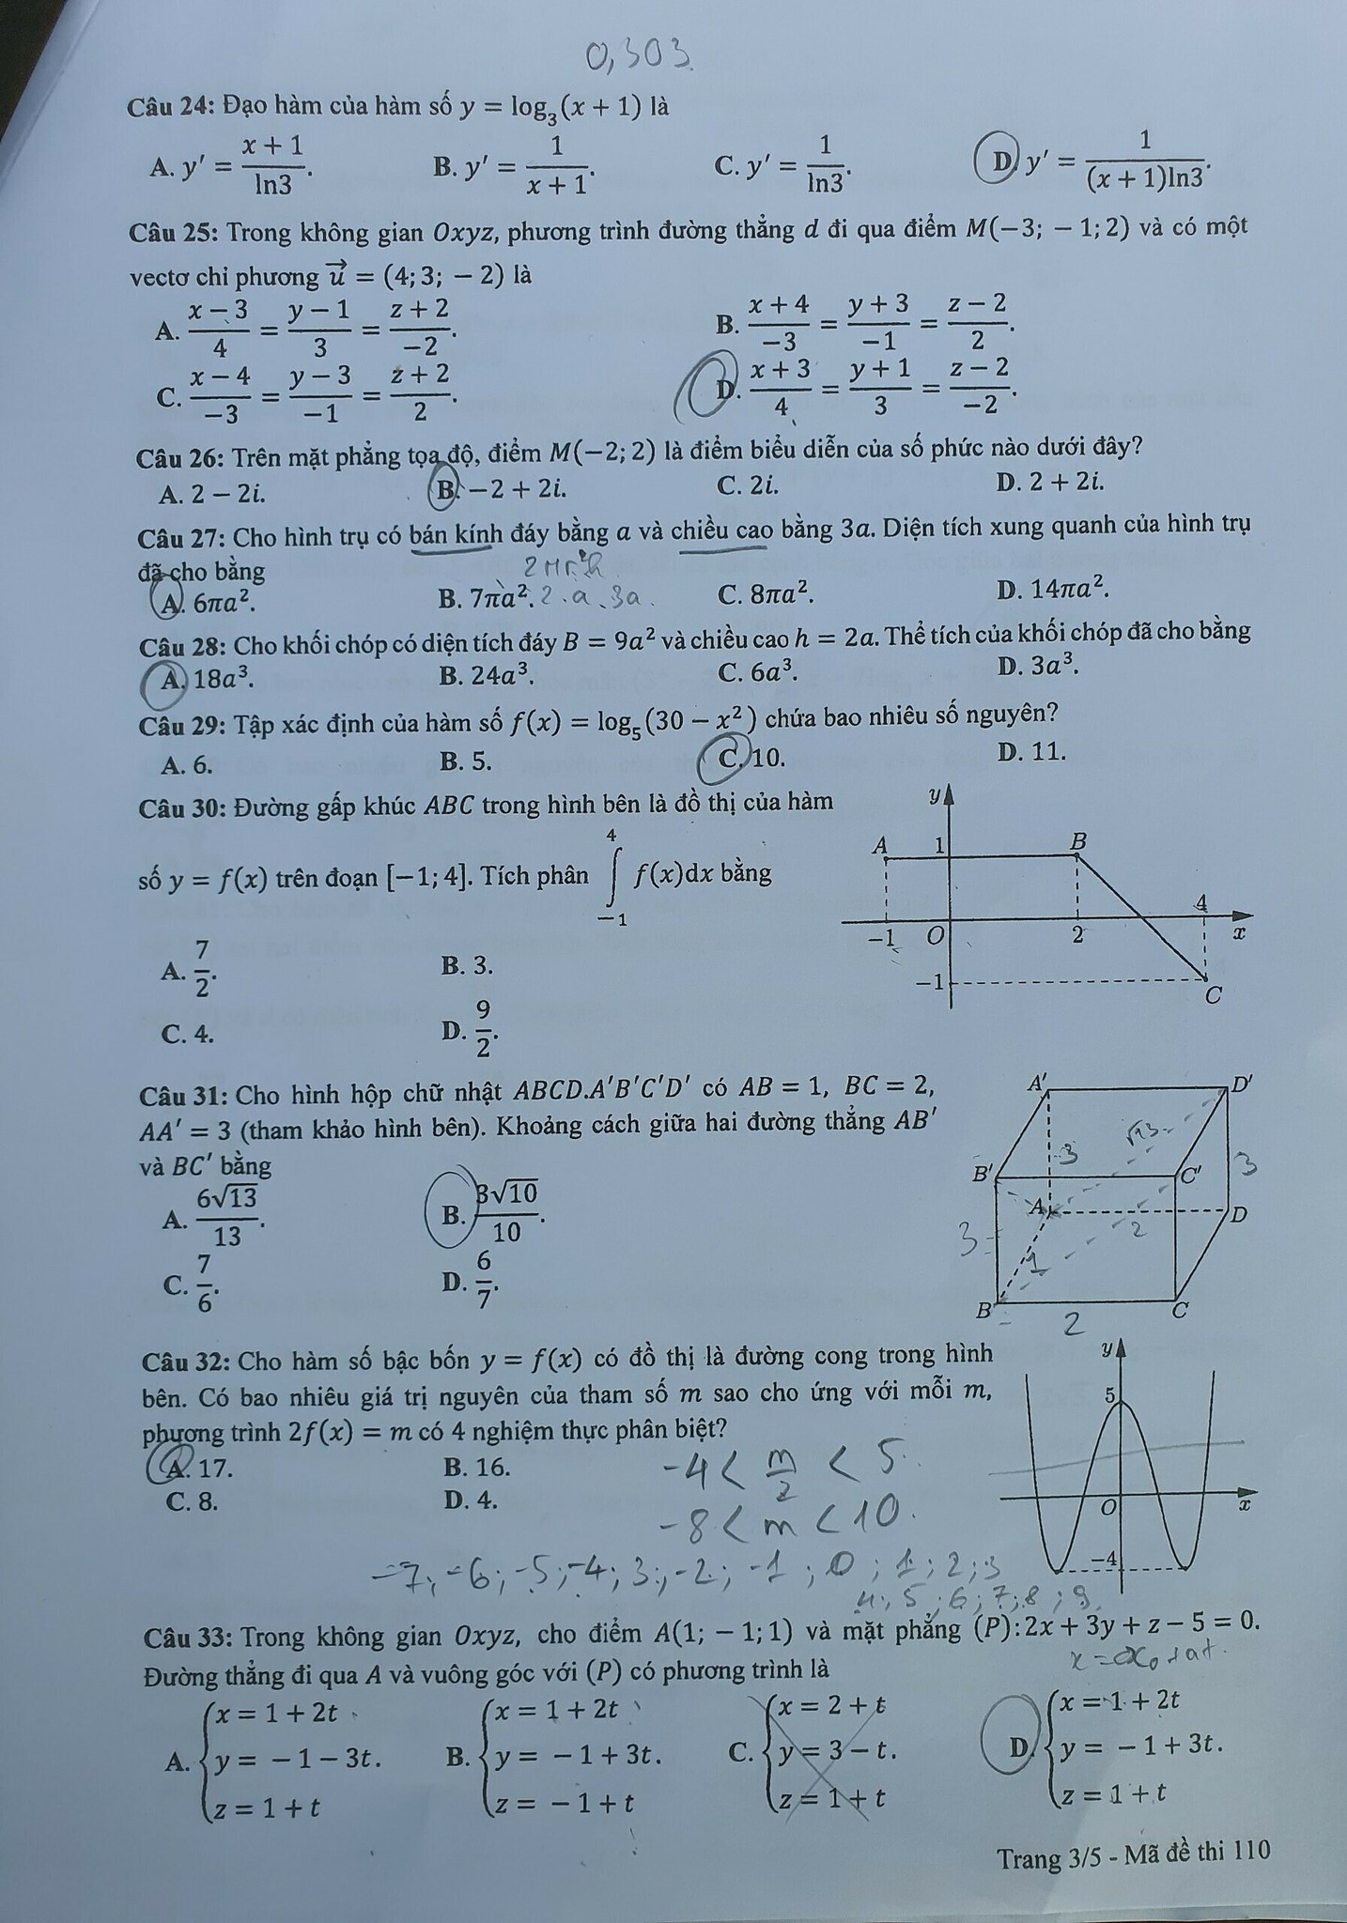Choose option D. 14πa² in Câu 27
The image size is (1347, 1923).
point(1053,590)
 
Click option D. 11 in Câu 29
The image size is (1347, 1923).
point(1032,751)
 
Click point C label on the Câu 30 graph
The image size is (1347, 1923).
point(1213,995)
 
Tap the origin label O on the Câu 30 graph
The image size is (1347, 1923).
point(936,936)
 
